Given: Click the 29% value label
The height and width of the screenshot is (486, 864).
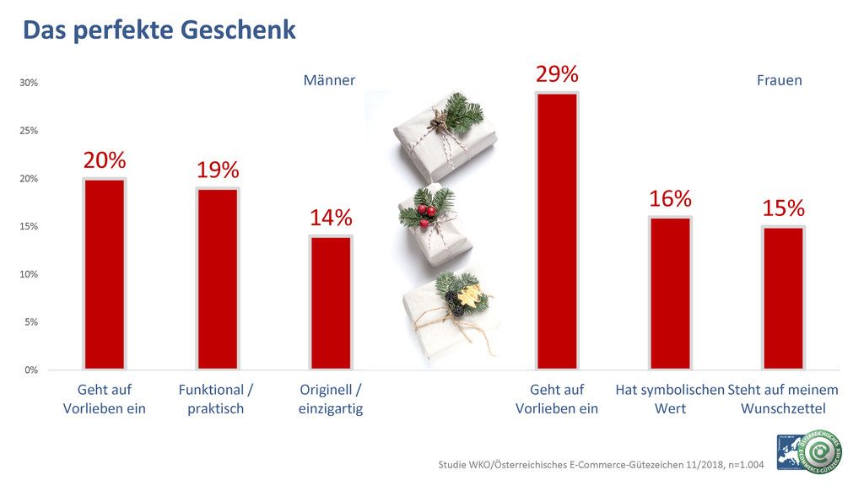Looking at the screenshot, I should (557, 74).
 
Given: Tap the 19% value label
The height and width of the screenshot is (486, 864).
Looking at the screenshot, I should (218, 170).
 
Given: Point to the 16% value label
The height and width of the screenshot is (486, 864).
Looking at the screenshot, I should (670, 199).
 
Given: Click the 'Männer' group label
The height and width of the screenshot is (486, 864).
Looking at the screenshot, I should (329, 81).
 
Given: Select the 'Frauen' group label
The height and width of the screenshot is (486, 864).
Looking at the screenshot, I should (779, 81).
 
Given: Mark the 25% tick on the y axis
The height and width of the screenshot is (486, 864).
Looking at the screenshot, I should (29, 131).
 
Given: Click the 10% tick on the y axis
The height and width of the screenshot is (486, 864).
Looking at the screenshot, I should (29, 274).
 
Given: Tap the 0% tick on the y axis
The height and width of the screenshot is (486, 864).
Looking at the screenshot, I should (30, 370).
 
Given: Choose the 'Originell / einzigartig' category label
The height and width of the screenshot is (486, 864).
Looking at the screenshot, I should (330, 399).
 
